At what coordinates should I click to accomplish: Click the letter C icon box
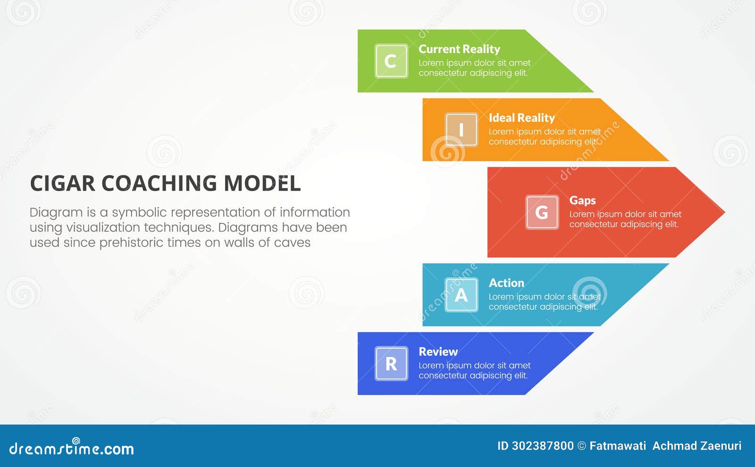pyautogui.click(x=391, y=61)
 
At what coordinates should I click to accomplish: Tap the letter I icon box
pyautogui.click(x=461, y=130)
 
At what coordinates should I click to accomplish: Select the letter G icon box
pyautogui.click(x=542, y=212)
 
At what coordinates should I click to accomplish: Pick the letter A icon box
pyautogui.click(x=461, y=295)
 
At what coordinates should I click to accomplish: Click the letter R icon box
pyautogui.click(x=391, y=364)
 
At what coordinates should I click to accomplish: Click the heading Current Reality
pyautogui.click(x=459, y=49)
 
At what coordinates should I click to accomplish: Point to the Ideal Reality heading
pyautogui.click(x=521, y=118)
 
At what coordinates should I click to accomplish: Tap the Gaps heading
pyautogui.click(x=582, y=200)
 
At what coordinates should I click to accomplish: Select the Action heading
pyautogui.click(x=506, y=283)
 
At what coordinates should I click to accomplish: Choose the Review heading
pyautogui.click(x=437, y=352)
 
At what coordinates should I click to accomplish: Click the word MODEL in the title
pyautogui.click(x=262, y=183)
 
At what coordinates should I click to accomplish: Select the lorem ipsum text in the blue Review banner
pyautogui.click(x=474, y=371)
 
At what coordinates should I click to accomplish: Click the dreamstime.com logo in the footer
pyautogui.click(x=72, y=448)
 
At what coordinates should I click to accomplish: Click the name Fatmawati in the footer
pyautogui.click(x=617, y=446)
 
